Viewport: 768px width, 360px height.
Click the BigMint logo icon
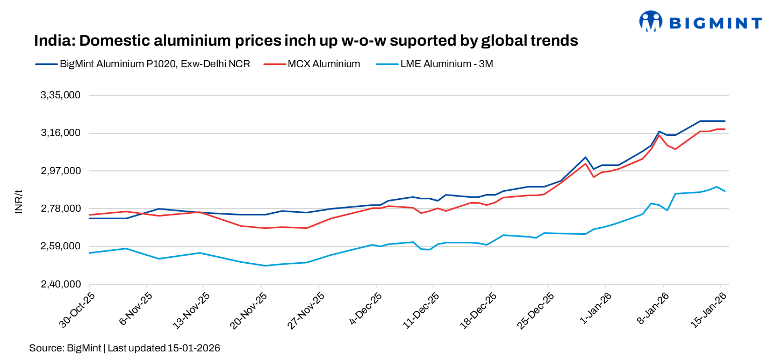(x=651, y=21)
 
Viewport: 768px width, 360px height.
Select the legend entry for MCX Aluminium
(x=323, y=64)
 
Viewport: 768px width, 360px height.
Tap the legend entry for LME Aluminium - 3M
(x=447, y=64)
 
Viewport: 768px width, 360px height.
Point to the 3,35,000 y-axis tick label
(x=61, y=96)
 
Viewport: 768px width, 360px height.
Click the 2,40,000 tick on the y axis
(x=61, y=284)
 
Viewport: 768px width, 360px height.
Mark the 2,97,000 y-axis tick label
(x=61, y=171)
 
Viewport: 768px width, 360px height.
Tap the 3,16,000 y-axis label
(x=61, y=133)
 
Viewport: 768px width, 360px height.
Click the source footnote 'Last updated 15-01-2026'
(x=164, y=348)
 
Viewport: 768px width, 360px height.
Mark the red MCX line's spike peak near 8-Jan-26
(x=659, y=135)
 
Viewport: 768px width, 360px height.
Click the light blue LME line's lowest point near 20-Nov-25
(x=265, y=265)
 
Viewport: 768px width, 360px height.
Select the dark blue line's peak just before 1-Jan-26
(x=585, y=157)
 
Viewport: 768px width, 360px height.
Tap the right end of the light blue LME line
(x=725, y=191)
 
